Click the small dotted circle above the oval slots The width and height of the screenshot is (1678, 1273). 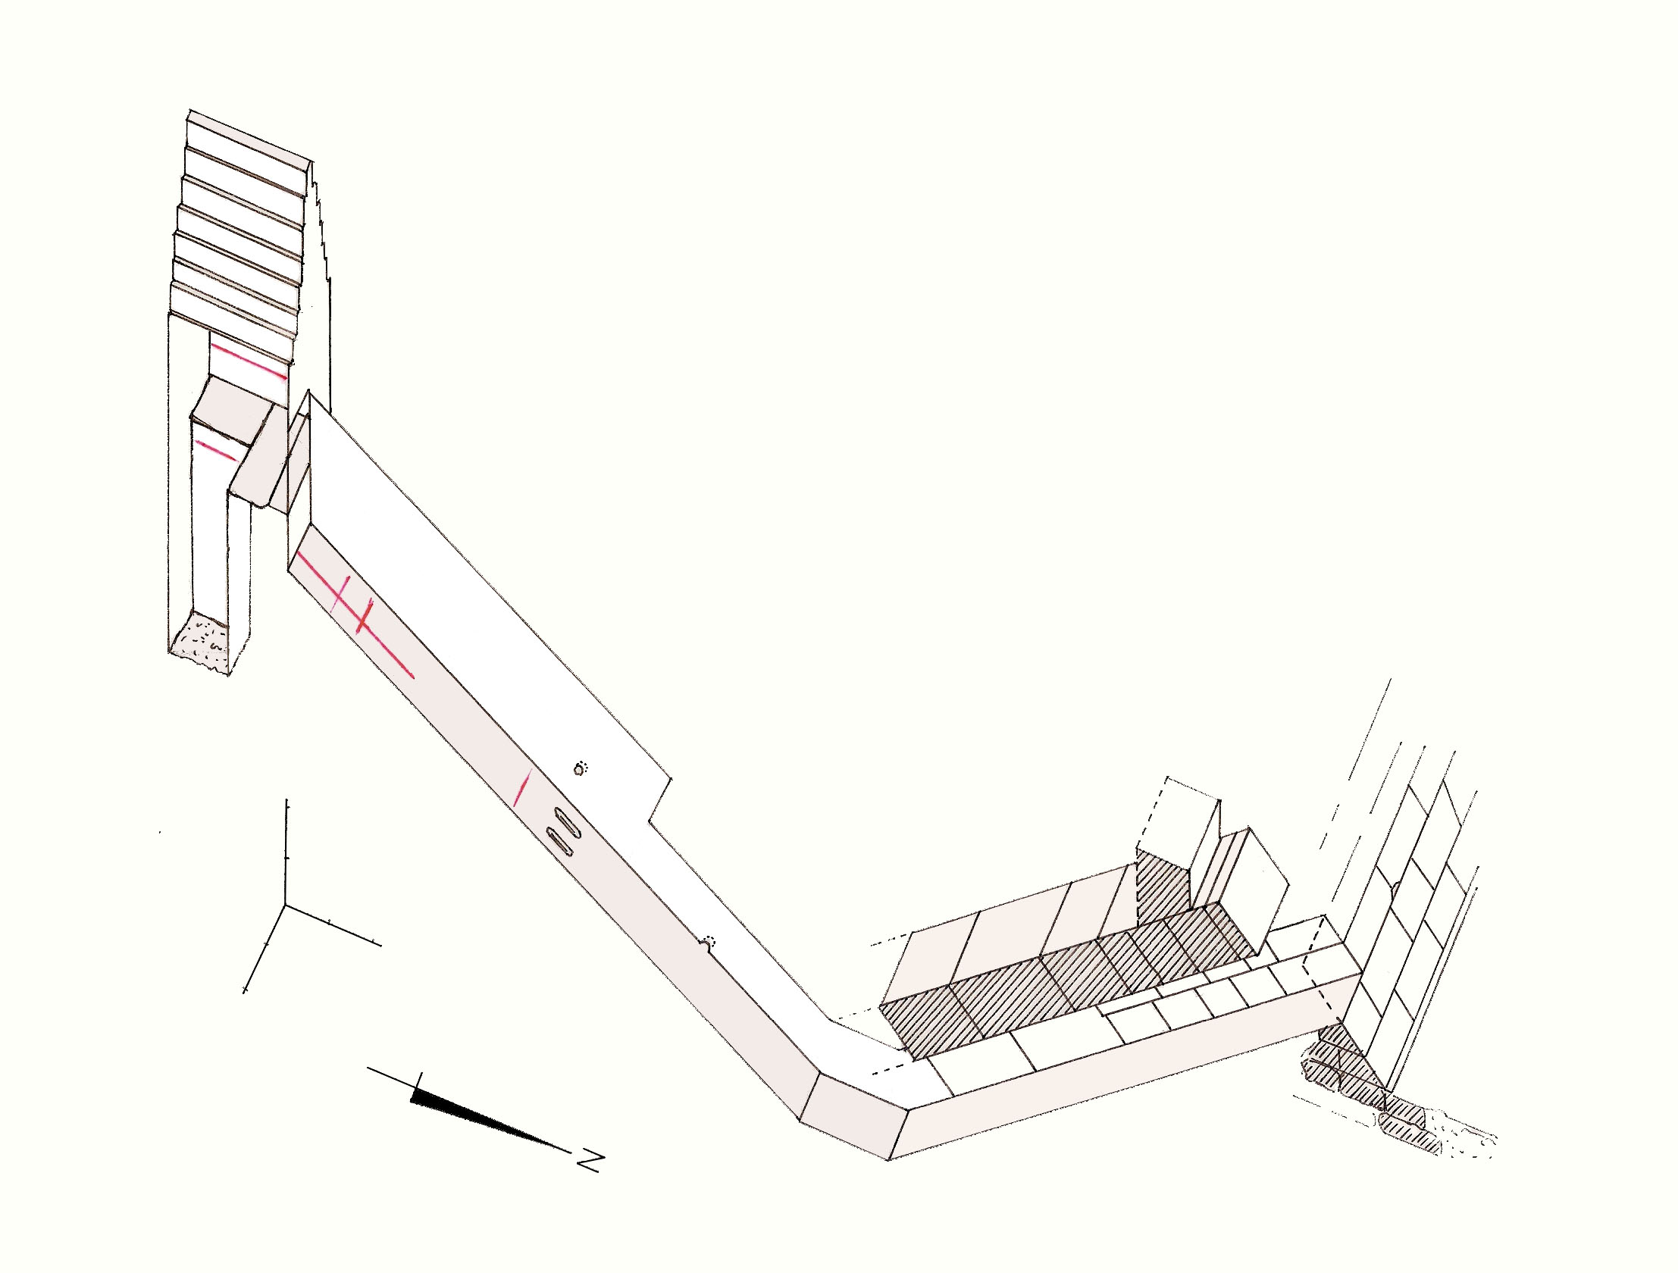tap(581, 768)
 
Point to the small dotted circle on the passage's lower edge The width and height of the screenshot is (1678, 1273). tap(709, 942)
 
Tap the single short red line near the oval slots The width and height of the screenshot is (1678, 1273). tap(522, 787)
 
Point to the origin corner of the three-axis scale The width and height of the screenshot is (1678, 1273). tap(286, 905)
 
